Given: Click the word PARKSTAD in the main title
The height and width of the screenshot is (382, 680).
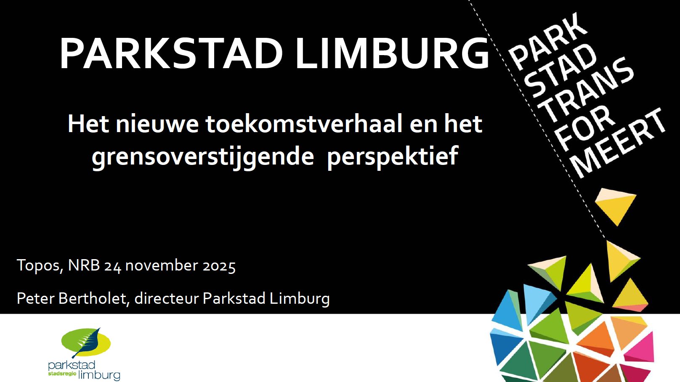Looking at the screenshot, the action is point(171,53).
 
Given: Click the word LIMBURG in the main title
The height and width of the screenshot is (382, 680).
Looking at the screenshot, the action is point(393,53).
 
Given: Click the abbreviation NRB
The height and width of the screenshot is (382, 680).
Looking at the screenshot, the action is point(84,265).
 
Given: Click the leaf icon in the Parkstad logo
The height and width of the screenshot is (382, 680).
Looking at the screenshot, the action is point(87,343).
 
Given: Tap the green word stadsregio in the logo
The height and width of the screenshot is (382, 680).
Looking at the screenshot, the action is point(62,374).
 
